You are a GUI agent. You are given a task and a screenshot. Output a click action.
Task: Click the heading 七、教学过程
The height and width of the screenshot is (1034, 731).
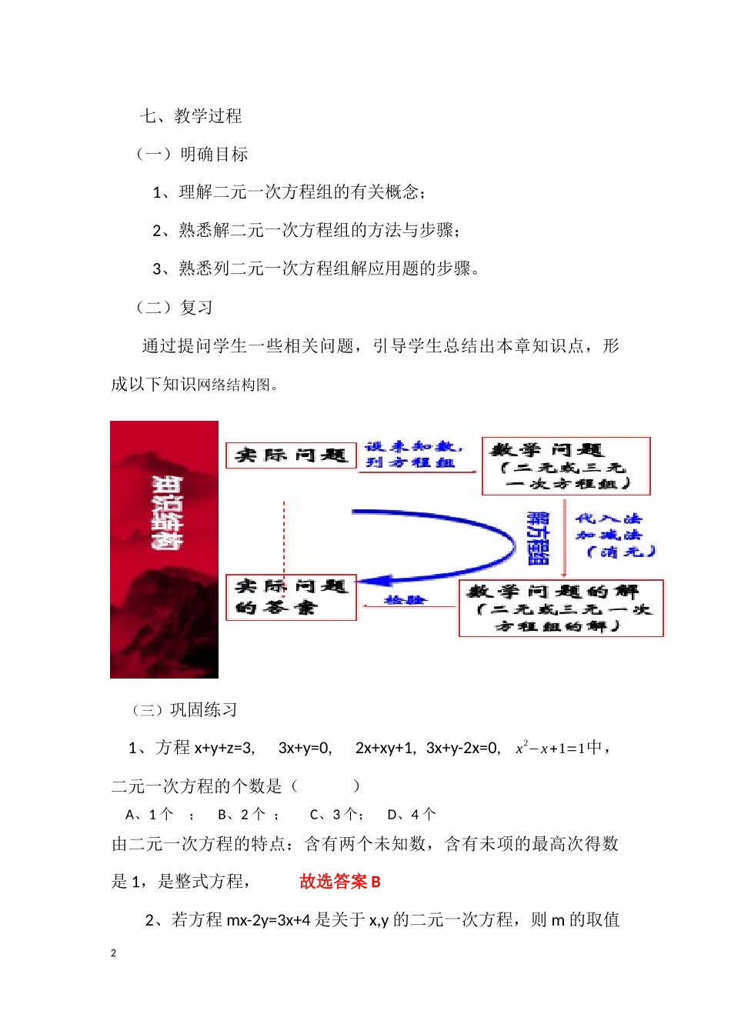191,116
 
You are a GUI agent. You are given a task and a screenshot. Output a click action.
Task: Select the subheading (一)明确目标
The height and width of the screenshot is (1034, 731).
192,155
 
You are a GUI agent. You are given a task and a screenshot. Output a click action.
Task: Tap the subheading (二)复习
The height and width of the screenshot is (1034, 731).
174,308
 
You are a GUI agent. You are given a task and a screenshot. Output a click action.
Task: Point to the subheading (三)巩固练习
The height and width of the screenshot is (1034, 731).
185,710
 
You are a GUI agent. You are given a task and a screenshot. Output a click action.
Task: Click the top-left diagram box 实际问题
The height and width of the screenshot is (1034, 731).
291,455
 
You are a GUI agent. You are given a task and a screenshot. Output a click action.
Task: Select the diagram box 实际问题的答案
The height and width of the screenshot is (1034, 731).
291,597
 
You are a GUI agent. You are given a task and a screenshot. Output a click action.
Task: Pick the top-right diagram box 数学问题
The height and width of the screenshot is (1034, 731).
566,466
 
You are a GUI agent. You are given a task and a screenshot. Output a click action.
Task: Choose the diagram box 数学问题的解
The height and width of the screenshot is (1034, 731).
560,608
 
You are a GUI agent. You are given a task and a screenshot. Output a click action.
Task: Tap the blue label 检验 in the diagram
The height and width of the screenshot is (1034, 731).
405,599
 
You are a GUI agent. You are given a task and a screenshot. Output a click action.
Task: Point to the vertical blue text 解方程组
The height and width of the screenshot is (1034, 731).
537,538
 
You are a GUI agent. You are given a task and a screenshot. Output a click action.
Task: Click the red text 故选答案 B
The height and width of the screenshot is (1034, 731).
340,882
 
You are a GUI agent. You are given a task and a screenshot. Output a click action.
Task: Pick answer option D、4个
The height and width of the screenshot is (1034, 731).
412,814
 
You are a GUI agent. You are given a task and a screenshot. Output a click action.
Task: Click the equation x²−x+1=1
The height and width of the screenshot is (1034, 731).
550,748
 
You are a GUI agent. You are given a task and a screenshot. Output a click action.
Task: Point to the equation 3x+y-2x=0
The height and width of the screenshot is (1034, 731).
463,748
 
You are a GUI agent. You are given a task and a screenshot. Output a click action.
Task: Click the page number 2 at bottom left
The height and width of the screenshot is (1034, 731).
114,953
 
